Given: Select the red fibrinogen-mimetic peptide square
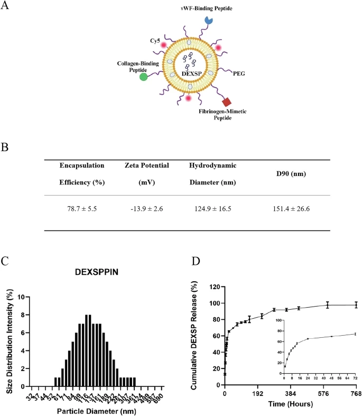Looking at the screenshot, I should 227,101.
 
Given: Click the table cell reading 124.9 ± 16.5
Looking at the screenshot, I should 211,209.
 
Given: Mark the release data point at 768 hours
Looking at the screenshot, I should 356,305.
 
